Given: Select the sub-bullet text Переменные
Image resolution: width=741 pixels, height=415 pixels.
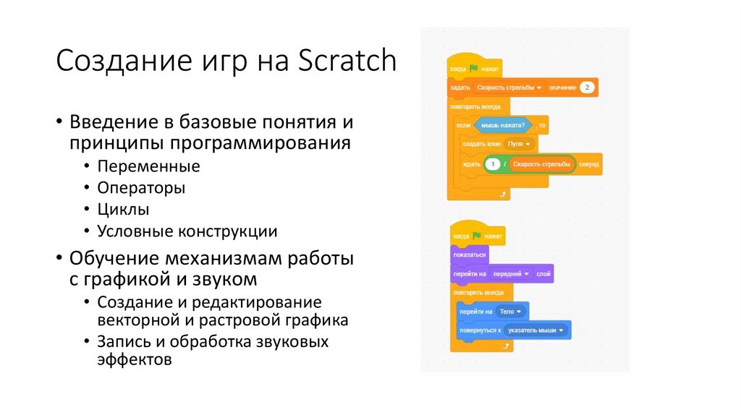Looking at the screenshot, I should click(148, 166).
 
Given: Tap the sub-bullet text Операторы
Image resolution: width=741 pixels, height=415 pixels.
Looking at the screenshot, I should click(141, 188).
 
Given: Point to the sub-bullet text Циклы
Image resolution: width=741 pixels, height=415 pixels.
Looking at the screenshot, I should click(124, 210).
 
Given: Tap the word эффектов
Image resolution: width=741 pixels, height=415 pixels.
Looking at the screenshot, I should click(135, 359).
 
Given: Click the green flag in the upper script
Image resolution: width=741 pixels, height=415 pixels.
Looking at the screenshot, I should click(473, 69).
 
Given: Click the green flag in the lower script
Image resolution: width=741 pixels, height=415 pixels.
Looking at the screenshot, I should click(477, 236).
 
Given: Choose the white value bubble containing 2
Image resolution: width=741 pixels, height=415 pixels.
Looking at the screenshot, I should click(587, 87).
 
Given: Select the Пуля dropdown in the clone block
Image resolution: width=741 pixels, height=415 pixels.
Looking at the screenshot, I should click(518, 145).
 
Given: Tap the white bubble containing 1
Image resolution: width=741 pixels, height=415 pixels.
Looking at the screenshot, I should click(493, 164).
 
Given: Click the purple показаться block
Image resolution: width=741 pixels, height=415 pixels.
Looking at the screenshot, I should click(469, 255).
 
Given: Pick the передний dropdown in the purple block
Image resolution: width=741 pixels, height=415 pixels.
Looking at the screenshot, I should click(510, 274).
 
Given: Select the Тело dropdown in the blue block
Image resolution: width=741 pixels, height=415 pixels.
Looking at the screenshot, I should click(510, 312).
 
